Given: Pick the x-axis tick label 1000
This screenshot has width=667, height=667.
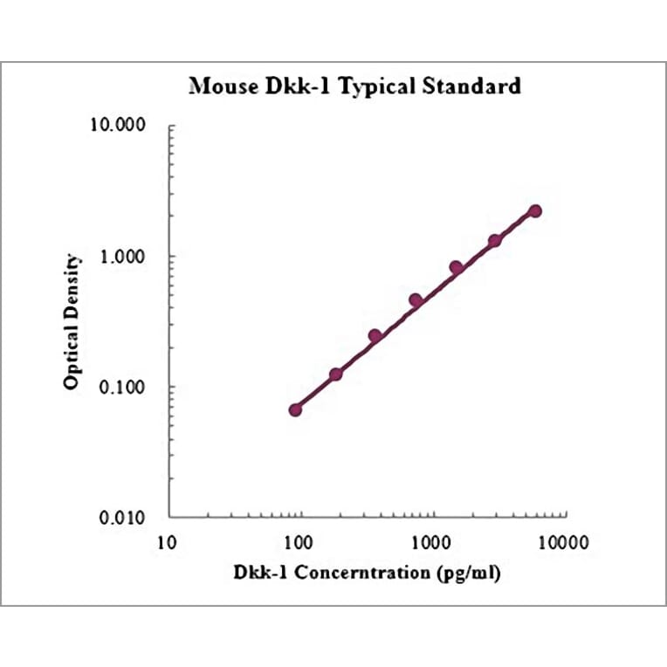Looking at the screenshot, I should [431, 542].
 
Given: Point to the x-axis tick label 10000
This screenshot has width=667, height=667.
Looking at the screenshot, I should [563, 542].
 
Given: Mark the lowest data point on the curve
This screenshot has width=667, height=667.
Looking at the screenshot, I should [295, 409].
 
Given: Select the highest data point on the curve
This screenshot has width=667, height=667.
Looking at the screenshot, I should [535, 210].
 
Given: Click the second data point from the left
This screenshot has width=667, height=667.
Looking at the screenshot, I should [335, 374].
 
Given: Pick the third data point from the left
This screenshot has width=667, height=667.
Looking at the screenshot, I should [375, 336].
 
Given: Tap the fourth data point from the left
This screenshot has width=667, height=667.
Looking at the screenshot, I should [416, 300].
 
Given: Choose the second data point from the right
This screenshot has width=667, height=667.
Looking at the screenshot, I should [495, 240].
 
